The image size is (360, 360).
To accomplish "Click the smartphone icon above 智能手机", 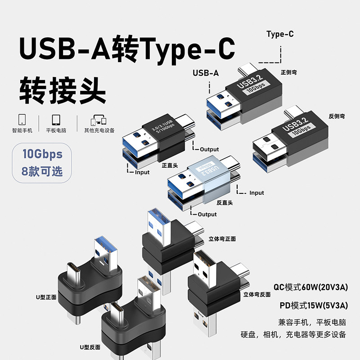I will (x=22, y=120).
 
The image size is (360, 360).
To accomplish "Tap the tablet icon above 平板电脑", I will (x=56, y=120).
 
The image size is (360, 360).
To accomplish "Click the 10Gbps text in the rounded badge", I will (x=42, y=154).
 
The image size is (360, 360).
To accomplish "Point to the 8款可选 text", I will (x=42, y=171).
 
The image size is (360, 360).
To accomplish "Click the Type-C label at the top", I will (x=280, y=34).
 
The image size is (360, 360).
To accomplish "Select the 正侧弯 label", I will (x=288, y=72).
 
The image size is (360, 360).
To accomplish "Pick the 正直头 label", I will (x=169, y=165).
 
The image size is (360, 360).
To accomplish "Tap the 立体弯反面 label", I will (x=256, y=295).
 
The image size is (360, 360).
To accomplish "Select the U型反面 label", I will (x=90, y=347).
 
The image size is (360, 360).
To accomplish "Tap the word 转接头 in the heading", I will (x=63, y=90).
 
